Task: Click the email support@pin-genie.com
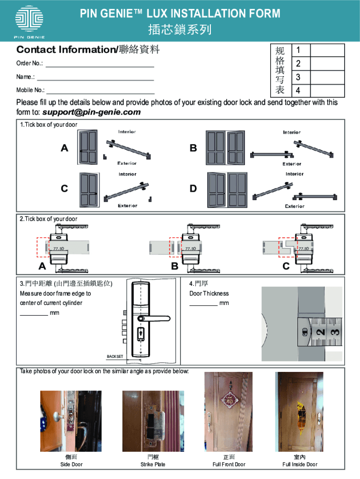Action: click(92, 112)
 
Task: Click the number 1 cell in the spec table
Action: click(298, 50)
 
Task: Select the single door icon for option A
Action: click(88, 147)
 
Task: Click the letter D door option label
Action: click(193, 189)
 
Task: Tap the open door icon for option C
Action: click(89, 189)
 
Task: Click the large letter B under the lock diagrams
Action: click(175, 267)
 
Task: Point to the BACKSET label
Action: click(115, 356)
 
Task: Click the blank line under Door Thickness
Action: click(203, 305)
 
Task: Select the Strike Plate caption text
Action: click(153, 464)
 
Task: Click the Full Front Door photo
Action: click(228, 412)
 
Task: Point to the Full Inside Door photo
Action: click(300, 412)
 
